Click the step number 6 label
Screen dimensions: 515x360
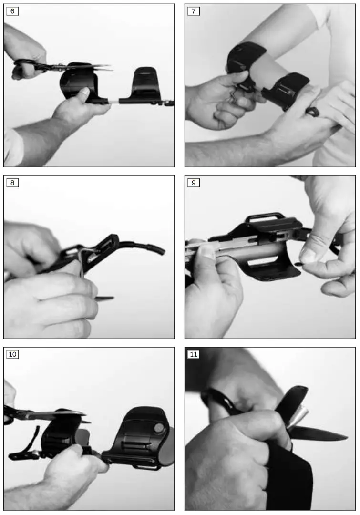click(x=12, y=11)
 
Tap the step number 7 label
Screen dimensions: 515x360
click(x=193, y=11)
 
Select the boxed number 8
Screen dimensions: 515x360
click(x=12, y=183)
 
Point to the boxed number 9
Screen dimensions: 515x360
click(x=193, y=183)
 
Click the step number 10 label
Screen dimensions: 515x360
click(x=12, y=354)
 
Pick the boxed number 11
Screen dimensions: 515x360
click(x=194, y=354)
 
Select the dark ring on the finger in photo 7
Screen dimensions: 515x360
click(x=312, y=111)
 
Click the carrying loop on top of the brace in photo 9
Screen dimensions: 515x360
click(x=265, y=218)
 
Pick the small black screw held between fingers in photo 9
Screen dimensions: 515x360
click(x=298, y=263)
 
